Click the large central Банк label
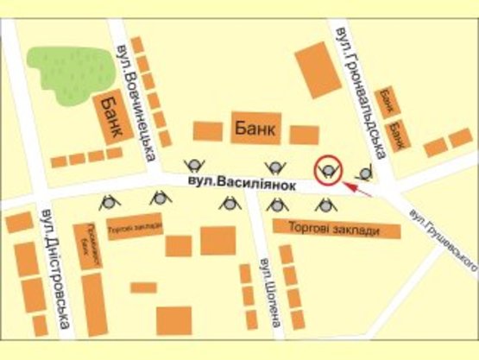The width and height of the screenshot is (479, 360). click(255, 129)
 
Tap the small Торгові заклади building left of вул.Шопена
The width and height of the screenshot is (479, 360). click(135, 232)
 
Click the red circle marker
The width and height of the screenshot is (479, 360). click(329, 169)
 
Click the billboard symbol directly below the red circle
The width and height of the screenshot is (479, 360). click(325, 205)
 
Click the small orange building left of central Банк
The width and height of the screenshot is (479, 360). click(207, 131)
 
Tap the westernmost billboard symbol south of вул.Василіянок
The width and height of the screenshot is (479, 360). click(110, 202)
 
